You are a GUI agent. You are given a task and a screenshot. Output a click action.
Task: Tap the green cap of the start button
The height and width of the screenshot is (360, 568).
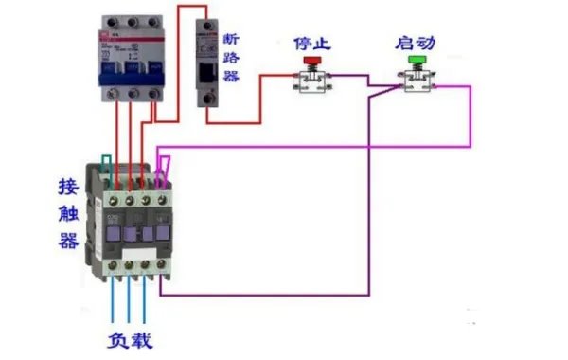point(415,60)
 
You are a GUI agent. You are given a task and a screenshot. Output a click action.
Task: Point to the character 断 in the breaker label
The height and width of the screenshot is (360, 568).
point(230,39)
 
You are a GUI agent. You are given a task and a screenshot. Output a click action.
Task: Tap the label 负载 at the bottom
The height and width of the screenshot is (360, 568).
point(129,340)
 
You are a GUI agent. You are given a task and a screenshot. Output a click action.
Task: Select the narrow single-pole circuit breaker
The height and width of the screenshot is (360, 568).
point(205,62)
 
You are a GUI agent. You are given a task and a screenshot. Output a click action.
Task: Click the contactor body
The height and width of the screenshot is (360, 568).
point(133,223)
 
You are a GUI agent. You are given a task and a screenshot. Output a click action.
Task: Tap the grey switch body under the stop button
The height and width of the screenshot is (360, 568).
point(311,83)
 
